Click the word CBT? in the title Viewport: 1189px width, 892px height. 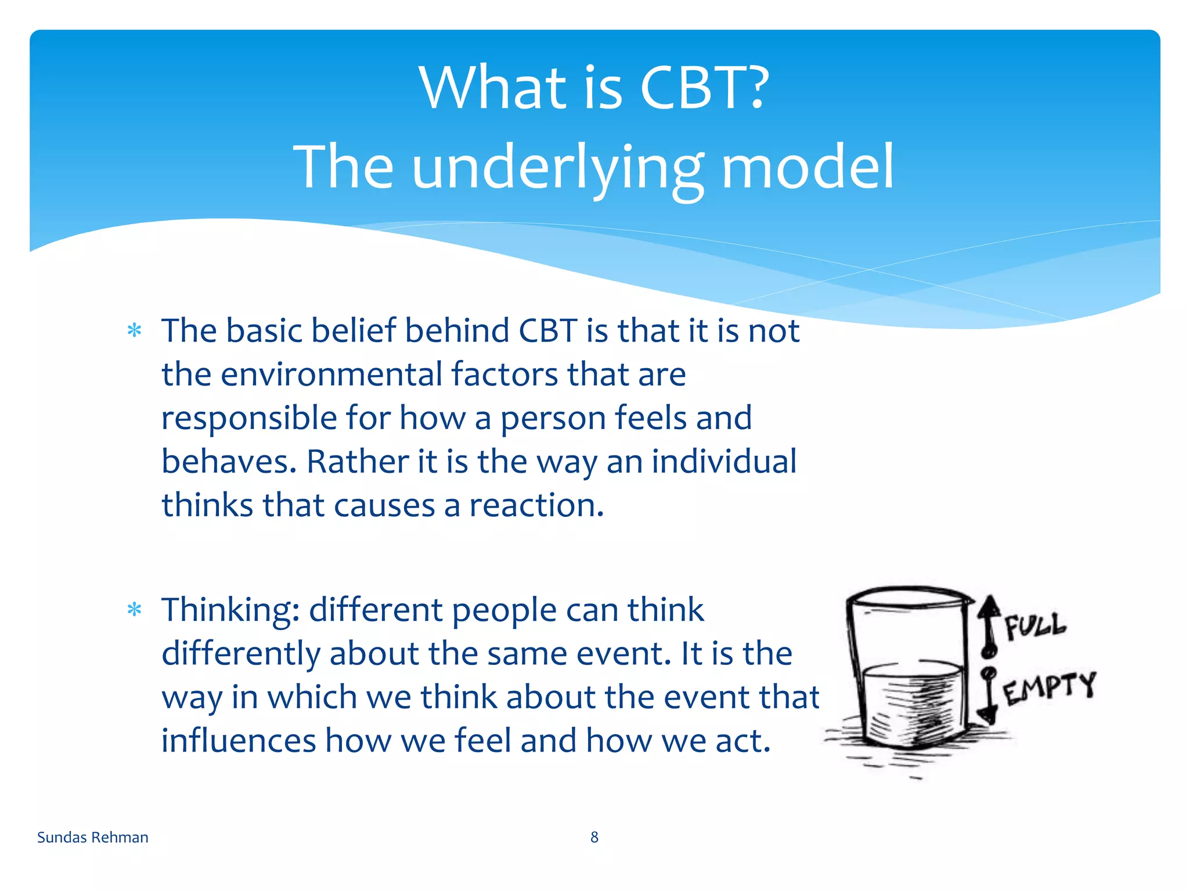[704, 88]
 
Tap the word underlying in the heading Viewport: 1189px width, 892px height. [557, 168]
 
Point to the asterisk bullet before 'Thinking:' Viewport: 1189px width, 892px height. [135, 610]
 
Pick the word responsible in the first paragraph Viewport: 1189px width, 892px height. [248, 418]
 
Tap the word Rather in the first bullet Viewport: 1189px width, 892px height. [358, 462]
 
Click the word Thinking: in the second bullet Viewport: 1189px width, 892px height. [230, 611]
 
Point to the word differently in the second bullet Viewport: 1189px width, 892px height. [240, 654]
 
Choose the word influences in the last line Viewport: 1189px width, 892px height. [238, 741]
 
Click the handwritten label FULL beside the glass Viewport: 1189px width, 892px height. [1035, 626]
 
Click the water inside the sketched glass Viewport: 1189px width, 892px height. [911, 706]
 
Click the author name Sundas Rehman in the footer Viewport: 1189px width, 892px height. [93, 837]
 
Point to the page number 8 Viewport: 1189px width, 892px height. [594, 837]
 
